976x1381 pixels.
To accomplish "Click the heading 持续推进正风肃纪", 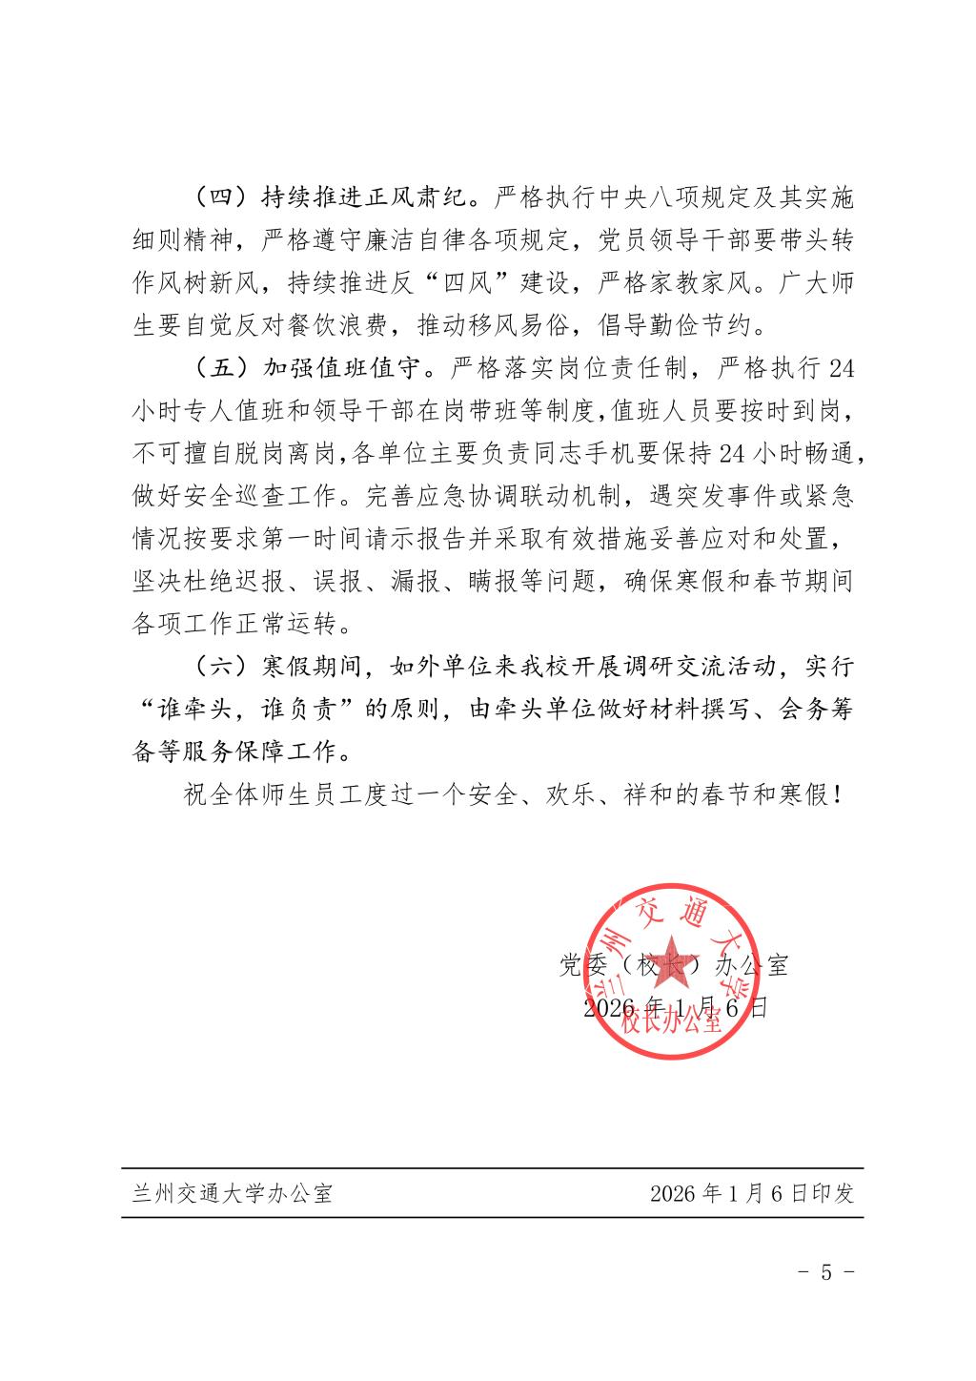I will tap(363, 198).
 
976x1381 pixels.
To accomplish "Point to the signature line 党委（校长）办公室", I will tap(674, 965).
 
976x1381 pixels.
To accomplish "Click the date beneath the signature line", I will tap(674, 1007).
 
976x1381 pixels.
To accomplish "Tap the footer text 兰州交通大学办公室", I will tap(233, 1193).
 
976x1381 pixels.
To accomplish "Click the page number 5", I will tap(826, 1272).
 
